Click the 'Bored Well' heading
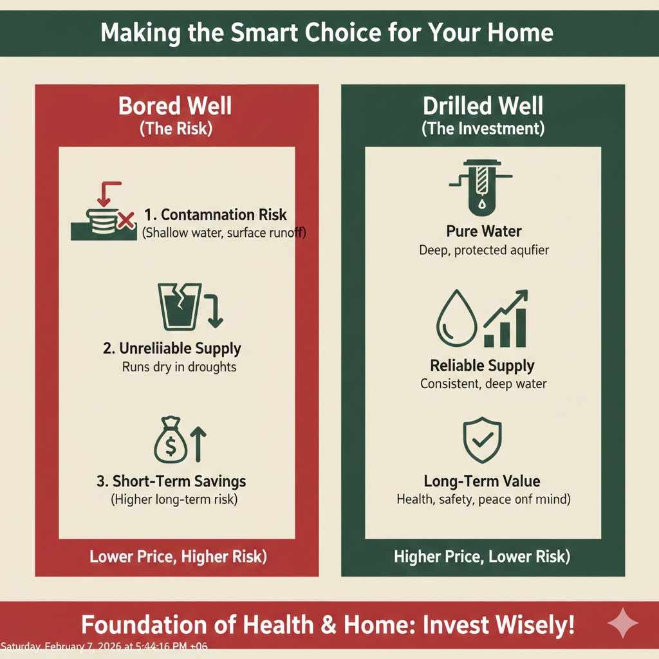[175, 106]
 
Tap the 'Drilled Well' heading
[483, 106]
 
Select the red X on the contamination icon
[126, 222]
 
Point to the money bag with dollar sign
[171, 440]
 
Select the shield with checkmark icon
[482, 441]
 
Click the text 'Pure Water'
[483, 231]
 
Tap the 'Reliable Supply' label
[483, 366]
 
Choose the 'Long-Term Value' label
[482, 481]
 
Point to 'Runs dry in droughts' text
[179, 367]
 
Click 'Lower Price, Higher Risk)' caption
[178, 556]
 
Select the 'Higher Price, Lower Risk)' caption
[482, 556]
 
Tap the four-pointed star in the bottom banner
[623, 623]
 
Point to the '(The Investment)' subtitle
[483, 129]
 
